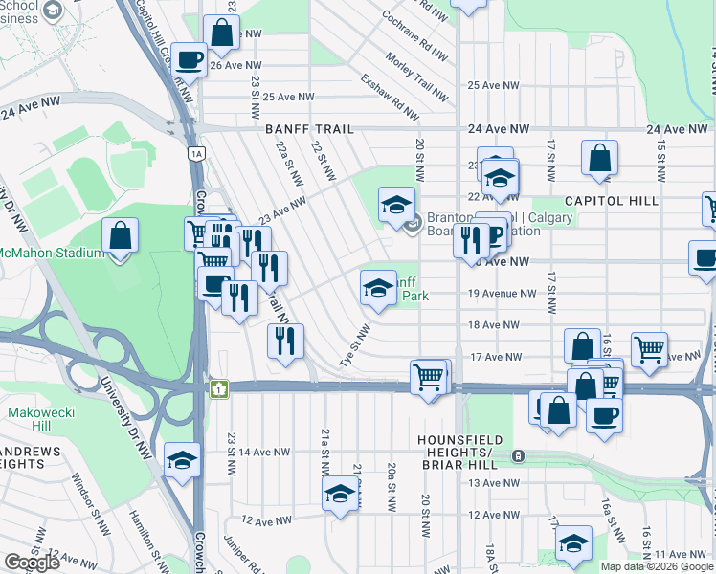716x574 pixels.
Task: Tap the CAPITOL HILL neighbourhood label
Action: pos(611,201)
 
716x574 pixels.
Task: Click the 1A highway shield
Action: pos(196,152)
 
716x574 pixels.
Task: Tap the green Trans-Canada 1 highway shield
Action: pos(219,388)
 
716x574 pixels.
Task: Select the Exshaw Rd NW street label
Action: pos(390,99)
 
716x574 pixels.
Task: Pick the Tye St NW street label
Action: pos(354,345)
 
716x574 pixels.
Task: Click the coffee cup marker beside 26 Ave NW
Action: pos(190,60)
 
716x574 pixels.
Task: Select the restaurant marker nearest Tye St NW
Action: pos(284,341)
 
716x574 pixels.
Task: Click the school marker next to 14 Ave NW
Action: pos(182,460)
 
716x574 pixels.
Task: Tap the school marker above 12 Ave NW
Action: pos(339,495)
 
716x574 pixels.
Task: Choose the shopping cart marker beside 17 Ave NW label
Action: pos(650,349)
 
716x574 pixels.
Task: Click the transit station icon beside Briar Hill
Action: pos(518,456)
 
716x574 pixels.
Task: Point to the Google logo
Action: pos(32,563)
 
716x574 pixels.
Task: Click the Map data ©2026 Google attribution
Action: pos(657,566)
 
